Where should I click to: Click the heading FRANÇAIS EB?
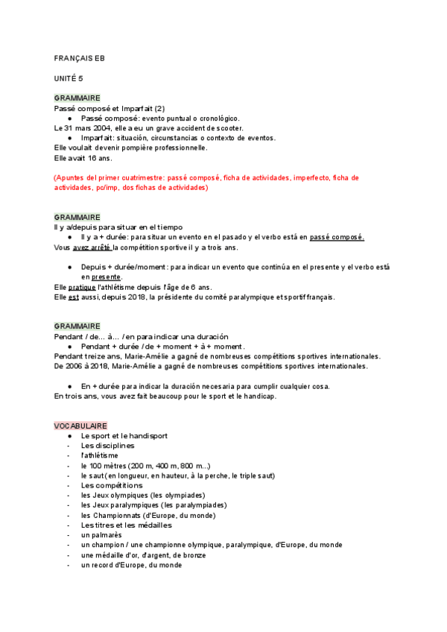[80, 57]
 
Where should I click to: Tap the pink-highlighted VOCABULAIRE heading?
[80, 425]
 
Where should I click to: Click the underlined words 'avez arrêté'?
[92, 247]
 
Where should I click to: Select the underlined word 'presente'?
[101, 277]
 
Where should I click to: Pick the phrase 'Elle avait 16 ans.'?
[83, 157]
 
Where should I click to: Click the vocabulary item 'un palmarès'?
[101, 535]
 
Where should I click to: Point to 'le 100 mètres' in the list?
[104, 465]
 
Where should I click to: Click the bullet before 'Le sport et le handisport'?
[69, 435]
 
